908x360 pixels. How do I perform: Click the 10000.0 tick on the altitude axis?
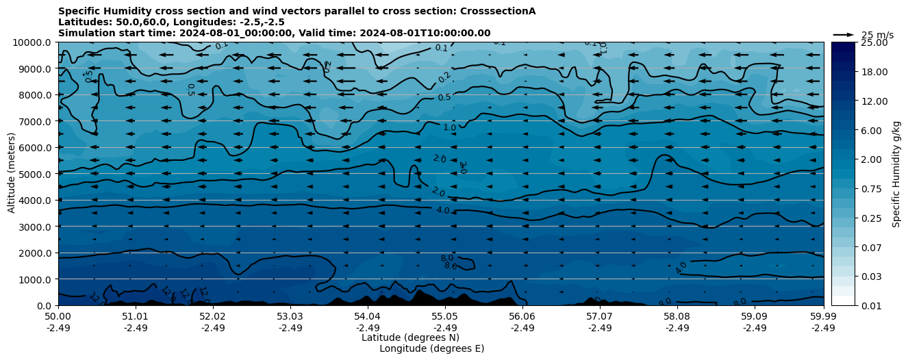(x=34, y=42)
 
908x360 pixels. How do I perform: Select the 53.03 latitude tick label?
(x=290, y=317)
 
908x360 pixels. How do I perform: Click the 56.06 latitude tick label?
(x=522, y=317)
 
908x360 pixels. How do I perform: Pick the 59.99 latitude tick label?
(x=823, y=317)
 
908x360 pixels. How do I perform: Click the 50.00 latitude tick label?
(x=58, y=317)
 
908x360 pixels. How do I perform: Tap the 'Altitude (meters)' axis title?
(x=12, y=174)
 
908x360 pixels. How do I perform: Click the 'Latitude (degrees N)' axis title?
(x=410, y=337)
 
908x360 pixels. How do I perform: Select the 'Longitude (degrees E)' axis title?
(x=431, y=348)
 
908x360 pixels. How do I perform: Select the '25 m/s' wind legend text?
(x=877, y=35)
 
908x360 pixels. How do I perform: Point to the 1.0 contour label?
(x=449, y=128)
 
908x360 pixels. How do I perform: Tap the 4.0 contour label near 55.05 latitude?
(x=443, y=211)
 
